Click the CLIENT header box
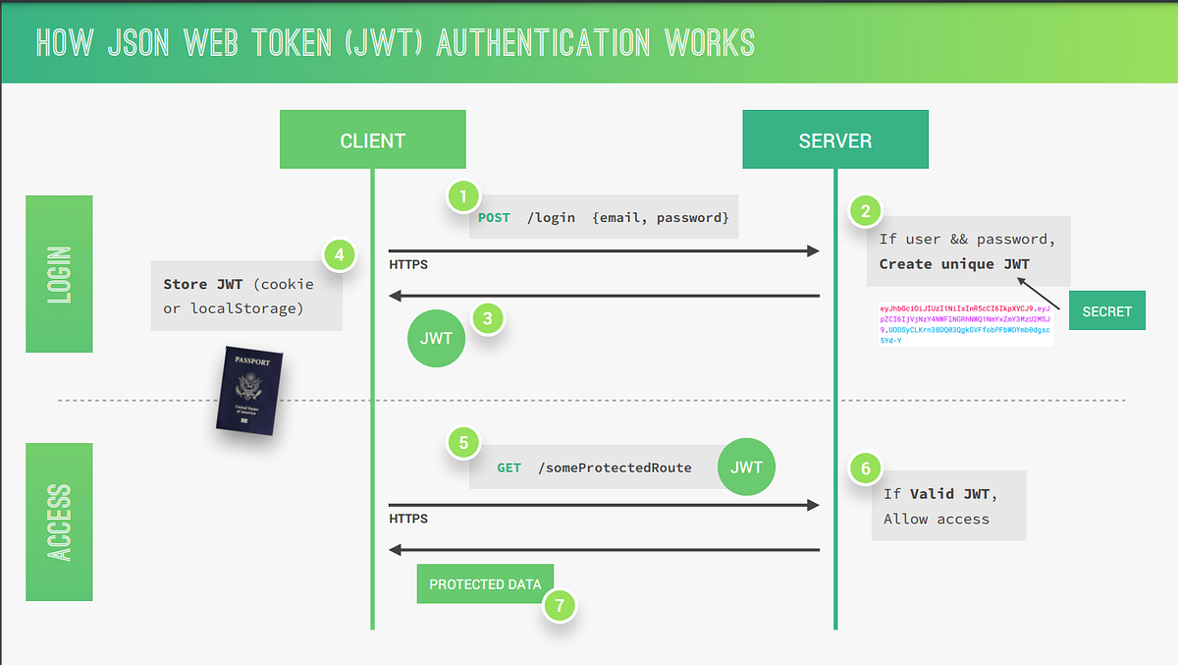[x=373, y=139]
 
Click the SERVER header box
[x=834, y=139]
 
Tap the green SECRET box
[x=1106, y=310]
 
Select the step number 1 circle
[x=463, y=195]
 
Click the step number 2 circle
[x=865, y=210]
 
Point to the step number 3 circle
[x=487, y=318]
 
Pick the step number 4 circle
[x=340, y=256]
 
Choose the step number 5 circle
[x=463, y=442]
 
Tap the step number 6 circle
[x=865, y=469]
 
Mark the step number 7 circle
[x=560, y=605]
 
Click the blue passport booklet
[x=249, y=389]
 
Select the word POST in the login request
[x=494, y=217]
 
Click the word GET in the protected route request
[x=509, y=468]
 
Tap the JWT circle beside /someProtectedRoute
[x=746, y=467]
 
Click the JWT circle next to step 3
[x=437, y=338]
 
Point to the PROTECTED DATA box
[x=485, y=583]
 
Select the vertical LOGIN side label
[x=59, y=273]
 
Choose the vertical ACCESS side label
[x=59, y=522]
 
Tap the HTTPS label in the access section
[x=408, y=519]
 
